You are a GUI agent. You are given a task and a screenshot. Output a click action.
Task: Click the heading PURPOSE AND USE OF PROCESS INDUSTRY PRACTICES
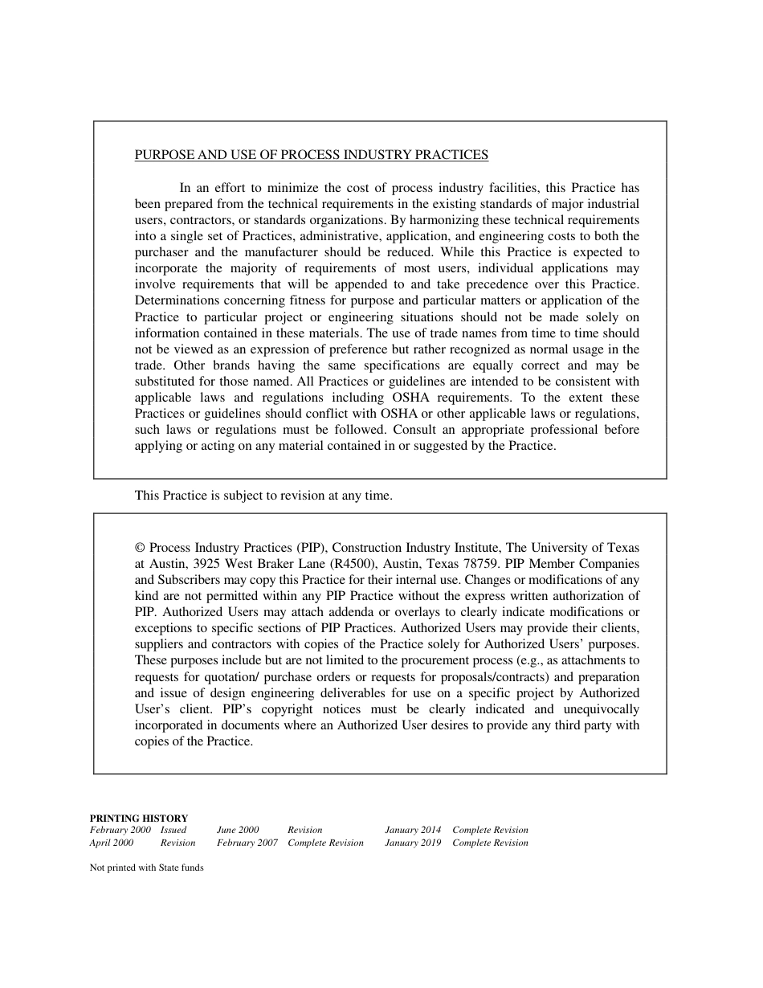pos(311,155)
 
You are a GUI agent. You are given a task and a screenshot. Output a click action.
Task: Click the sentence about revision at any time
pos(263,496)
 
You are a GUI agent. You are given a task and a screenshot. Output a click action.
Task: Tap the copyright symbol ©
pos(140,548)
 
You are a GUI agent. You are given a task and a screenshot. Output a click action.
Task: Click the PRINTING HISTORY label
pos(138,818)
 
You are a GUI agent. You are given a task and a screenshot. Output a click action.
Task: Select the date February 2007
pos(247,843)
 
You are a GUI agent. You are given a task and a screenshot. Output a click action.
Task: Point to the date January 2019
pos(413,843)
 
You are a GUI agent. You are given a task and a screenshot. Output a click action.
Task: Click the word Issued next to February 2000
pos(173,830)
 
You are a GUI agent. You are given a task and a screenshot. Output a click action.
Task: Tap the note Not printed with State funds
pos(146,868)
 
